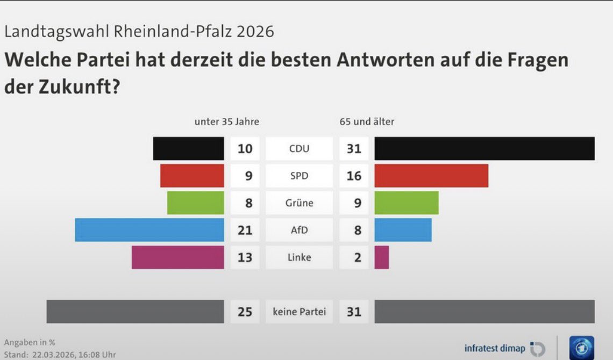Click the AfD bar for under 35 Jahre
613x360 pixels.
click(x=149, y=230)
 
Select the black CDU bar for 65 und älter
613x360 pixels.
click(x=484, y=148)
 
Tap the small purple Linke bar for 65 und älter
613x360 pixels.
click(x=381, y=257)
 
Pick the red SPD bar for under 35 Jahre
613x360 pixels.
click(x=192, y=176)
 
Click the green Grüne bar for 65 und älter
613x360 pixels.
click(x=407, y=203)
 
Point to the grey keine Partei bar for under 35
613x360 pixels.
click(x=136, y=312)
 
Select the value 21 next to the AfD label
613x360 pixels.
click(x=245, y=231)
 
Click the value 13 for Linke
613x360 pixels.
click(x=245, y=257)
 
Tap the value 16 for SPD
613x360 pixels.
click(x=354, y=176)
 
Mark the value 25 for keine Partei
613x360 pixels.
click(x=245, y=312)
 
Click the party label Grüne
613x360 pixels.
click(x=299, y=203)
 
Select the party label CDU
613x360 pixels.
click(x=299, y=148)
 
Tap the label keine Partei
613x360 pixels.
click(x=299, y=312)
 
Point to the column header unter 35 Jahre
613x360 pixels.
click(x=226, y=122)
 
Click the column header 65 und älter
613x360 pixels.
click(x=367, y=122)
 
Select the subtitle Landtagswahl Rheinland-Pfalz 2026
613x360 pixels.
click(x=139, y=32)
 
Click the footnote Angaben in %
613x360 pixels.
click(x=30, y=342)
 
